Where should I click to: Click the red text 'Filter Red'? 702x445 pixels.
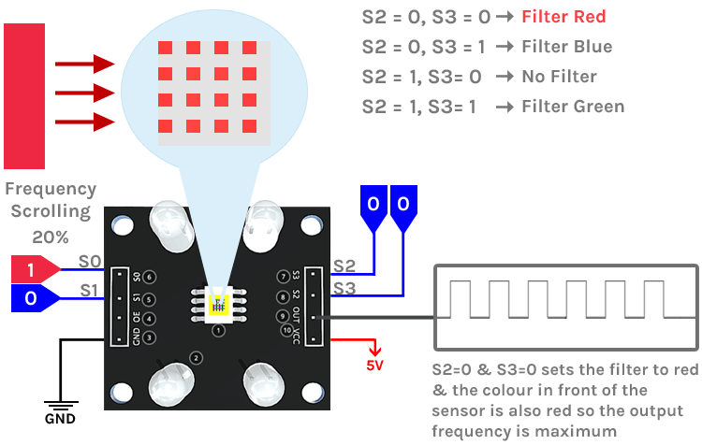pyautogui.click(x=564, y=17)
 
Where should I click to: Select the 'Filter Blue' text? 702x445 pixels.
pyautogui.click(x=567, y=47)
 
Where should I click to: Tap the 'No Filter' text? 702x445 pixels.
pyautogui.click(x=560, y=77)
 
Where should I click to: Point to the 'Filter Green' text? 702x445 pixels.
pyautogui.click(x=573, y=107)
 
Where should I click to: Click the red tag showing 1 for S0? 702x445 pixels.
pyautogui.click(x=32, y=270)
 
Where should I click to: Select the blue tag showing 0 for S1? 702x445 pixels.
pyautogui.click(x=32, y=298)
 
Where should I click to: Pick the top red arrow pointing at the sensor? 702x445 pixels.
pyautogui.click(x=84, y=65)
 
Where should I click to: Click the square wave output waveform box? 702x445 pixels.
pyautogui.click(x=567, y=305)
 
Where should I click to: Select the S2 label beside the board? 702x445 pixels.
pyautogui.click(x=344, y=267)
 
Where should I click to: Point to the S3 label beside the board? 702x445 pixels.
pyautogui.click(x=344, y=289)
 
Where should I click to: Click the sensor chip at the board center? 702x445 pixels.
pyautogui.click(x=219, y=303)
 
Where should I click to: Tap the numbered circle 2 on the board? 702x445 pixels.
pyautogui.click(x=196, y=358)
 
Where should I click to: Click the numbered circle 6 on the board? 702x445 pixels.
pyautogui.click(x=150, y=278)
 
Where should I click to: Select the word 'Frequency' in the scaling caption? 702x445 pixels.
pyautogui.click(x=51, y=189)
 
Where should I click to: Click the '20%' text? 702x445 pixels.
pyautogui.click(x=51, y=236)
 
